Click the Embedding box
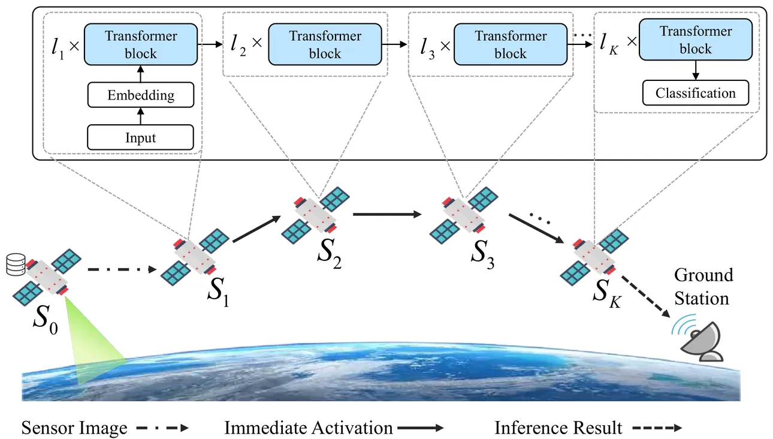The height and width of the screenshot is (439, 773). (x=141, y=95)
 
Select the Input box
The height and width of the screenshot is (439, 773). (x=141, y=137)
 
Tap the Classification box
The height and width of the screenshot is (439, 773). (x=695, y=93)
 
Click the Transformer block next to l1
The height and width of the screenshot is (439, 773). (x=141, y=44)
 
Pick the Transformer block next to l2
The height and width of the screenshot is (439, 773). (x=325, y=44)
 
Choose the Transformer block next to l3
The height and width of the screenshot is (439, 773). (x=511, y=44)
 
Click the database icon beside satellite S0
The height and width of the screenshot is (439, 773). (x=16, y=264)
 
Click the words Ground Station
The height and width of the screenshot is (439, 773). (x=703, y=287)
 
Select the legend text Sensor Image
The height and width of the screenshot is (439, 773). (x=74, y=428)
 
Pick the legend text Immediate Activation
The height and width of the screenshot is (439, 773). (x=309, y=428)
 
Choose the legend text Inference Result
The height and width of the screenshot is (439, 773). (x=558, y=428)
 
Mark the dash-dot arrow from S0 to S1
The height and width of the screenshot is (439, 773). (x=120, y=269)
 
